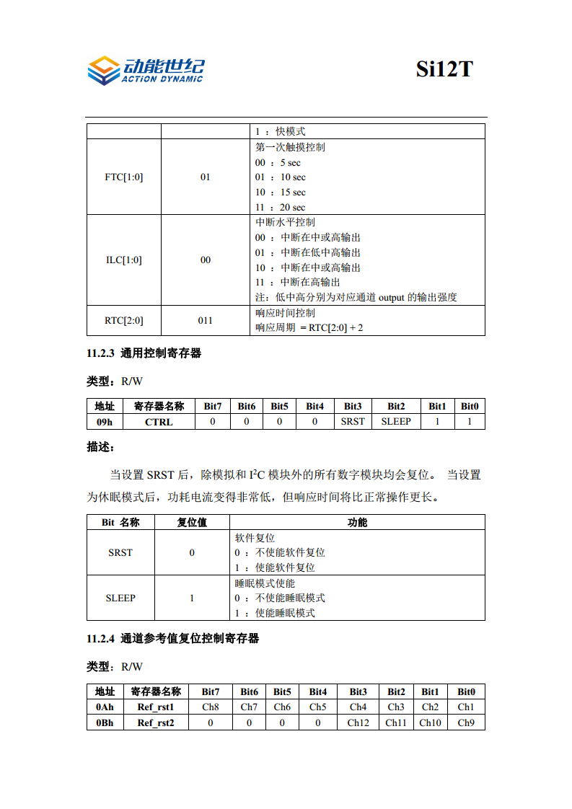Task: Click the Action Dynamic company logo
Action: tap(145, 70)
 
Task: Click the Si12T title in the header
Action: tap(444, 68)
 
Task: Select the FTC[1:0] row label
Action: tap(123, 177)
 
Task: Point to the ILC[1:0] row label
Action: tap(123, 260)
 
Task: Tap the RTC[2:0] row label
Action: tap(123, 320)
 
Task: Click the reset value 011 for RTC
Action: tap(205, 320)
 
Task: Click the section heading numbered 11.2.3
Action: tap(144, 353)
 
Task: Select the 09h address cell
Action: tap(105, 422)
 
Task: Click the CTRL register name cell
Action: tap(159, 422)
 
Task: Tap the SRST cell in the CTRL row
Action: tap(353, 422)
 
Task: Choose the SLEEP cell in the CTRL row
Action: tap(396, 422)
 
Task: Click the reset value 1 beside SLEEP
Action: tap(192, 598)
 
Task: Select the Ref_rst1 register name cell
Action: tap(156, 707)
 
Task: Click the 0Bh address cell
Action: tap(105, 722)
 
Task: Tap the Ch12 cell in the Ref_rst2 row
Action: tap(358, 722)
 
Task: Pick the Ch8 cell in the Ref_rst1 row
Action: tap(211, 707)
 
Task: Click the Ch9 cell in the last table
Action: tap(466, 722)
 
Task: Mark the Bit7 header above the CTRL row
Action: tap(213, 407)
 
